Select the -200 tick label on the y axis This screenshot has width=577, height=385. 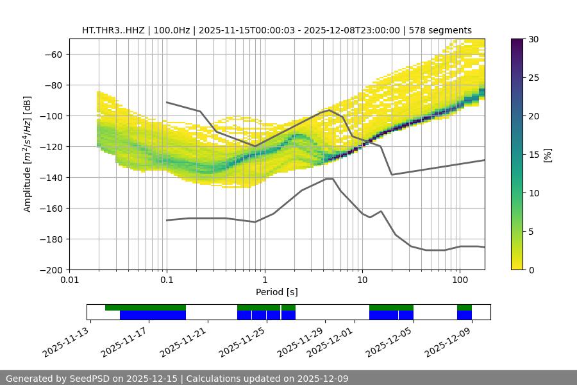pyautogui.click(x=51, y=269)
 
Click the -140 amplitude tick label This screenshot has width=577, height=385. pyautogui.click(x=51, y=177)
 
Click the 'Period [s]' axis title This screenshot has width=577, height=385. pyautogui.click(x=277, y=292)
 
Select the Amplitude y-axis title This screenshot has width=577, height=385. pyautogui.click(x=27, y=154)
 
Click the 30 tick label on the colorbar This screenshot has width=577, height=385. pyautogui.click(x=533, y=39)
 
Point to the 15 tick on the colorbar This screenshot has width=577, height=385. pyautogui.click(x=533, y=155)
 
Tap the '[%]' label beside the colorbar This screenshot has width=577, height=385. pyautogui.click(x=548, y=154)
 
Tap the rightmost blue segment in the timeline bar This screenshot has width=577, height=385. pyautogui.click(x=464, y=315)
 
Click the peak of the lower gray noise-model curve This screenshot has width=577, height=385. pyautogui.click(x=330, y=178)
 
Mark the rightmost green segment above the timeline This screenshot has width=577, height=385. pyautogui.click(x=464, y=307)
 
